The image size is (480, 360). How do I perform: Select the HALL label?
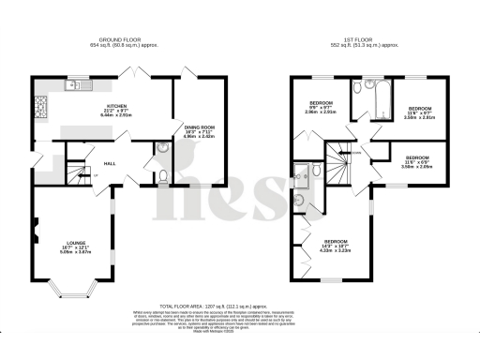click(x=109, y=161)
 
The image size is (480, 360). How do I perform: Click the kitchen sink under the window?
click(x=72, y=86)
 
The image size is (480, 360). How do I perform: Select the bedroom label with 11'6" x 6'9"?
click(x=417, y=161)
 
